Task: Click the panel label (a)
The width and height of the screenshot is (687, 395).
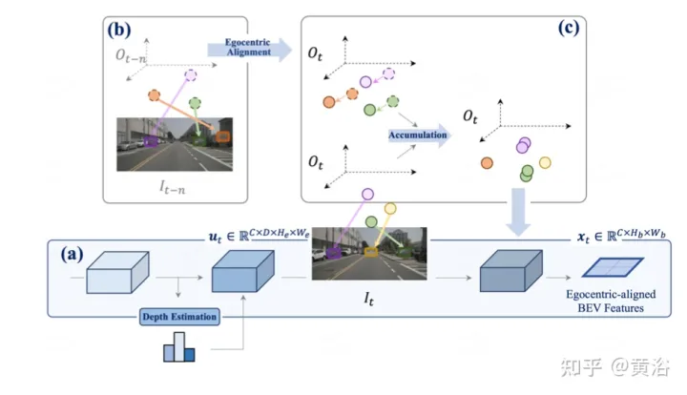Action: pyautogui.click(x=73, y=256)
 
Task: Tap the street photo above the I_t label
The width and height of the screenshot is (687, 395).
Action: pyautogui.click(x=368, y=252)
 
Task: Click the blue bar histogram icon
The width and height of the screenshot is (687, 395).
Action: pyautogui.click(x=178, y=350)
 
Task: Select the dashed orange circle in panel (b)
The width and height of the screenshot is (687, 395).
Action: pyautogui.click(x=155, y=95)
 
